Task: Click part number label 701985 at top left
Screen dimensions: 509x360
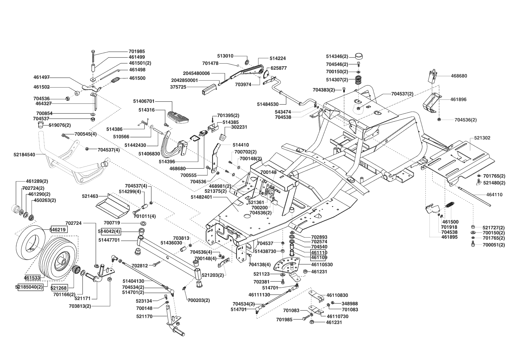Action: click(x=137, y=51)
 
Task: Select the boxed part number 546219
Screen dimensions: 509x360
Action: click(x=59, y=230)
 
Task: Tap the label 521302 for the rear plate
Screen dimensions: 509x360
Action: click(x=482, y=138)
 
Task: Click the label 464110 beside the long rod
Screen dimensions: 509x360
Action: click(x=494, y=195)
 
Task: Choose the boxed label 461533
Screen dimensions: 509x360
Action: click(x=32, y=278)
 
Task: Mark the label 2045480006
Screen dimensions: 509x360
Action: click(x=196, y=73)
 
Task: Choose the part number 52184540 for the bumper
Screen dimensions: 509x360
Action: click(x=24, y=155)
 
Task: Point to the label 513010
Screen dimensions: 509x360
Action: click(x=225, y=56)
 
